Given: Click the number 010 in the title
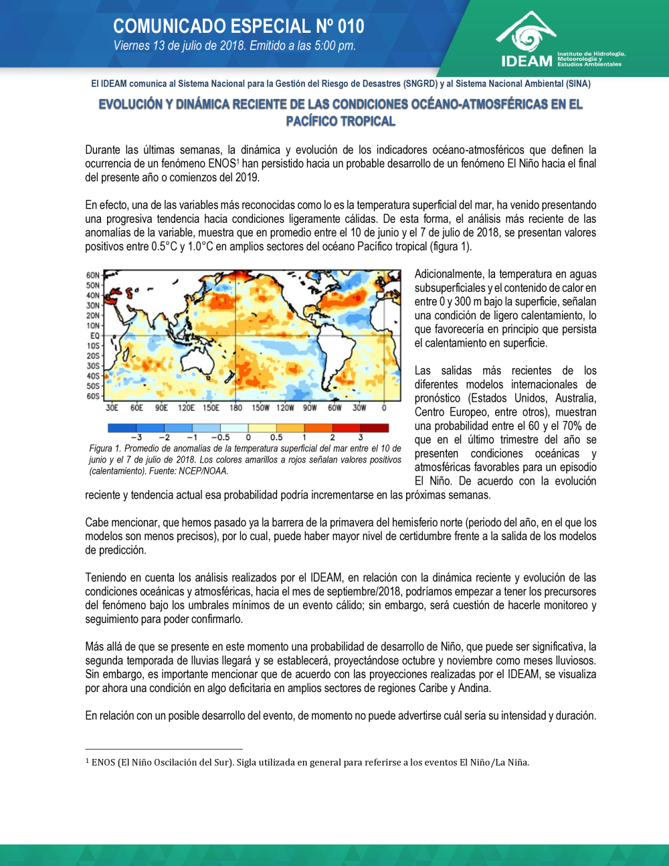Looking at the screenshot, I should [351, 26].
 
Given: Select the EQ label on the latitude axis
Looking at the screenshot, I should [94, 335].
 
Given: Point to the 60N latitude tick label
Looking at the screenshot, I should [92, 275].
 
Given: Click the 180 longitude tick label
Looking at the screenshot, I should [235, 408].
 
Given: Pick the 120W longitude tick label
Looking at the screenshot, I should [285, 408].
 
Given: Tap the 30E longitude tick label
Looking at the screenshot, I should [112, 408].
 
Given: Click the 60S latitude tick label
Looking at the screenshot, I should [92, 396].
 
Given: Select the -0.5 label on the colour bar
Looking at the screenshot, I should [220, 438].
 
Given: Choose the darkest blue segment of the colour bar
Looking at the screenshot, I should [122, 428].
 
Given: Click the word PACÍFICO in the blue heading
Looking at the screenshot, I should [313, 121].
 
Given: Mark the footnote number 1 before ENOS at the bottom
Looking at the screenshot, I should [87, 760].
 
